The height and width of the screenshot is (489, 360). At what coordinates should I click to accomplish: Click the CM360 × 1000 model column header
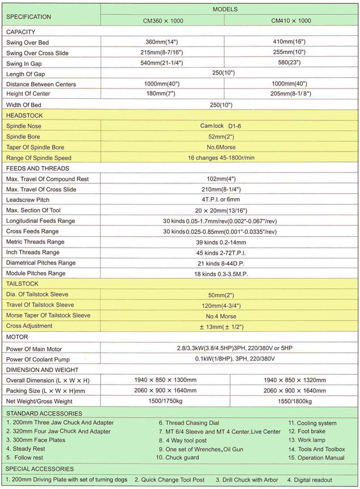click(162, 20)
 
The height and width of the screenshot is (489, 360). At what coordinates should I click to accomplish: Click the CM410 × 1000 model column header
click(291, 20)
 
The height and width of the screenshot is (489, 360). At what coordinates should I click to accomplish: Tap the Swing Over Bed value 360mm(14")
click(162, 42)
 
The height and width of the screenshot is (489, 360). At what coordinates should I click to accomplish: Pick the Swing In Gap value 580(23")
click(291, 62)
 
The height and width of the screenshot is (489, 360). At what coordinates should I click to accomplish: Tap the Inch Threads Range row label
click(32, 252)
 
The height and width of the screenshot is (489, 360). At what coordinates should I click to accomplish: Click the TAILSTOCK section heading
click(22, 283)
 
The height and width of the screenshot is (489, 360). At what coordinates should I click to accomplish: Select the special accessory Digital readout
click(313, 480)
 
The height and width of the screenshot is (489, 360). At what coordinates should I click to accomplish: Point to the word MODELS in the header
click(225, 9)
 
